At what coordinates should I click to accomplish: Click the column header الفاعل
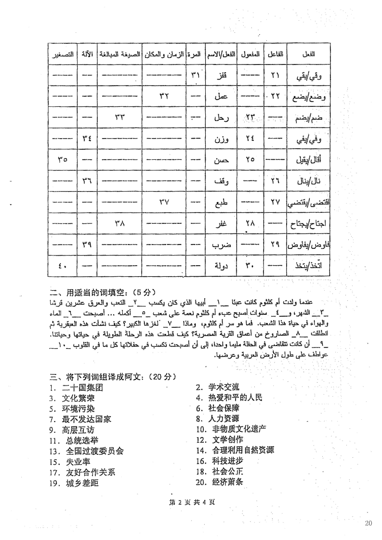274,54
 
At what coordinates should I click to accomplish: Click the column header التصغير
64,54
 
